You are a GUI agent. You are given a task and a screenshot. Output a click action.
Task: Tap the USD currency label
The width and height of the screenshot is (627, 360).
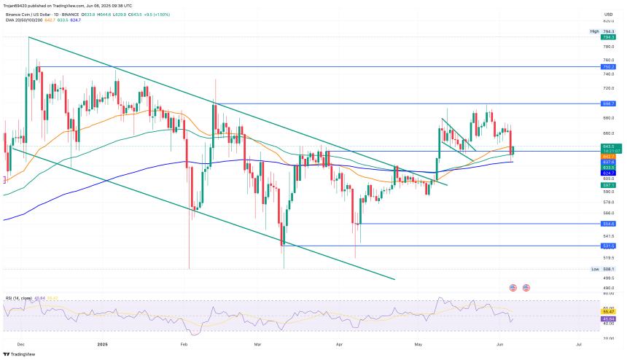coord(608,14)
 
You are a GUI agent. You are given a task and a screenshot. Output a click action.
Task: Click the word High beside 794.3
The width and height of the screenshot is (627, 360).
coord(594,31)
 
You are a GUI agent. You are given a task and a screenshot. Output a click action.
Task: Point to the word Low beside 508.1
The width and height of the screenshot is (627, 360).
coord(595,269)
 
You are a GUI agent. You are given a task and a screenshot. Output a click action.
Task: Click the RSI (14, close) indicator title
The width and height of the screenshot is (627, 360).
coord(20,298)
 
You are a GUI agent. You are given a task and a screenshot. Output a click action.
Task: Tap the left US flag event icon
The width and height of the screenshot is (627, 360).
coord(513,288)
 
